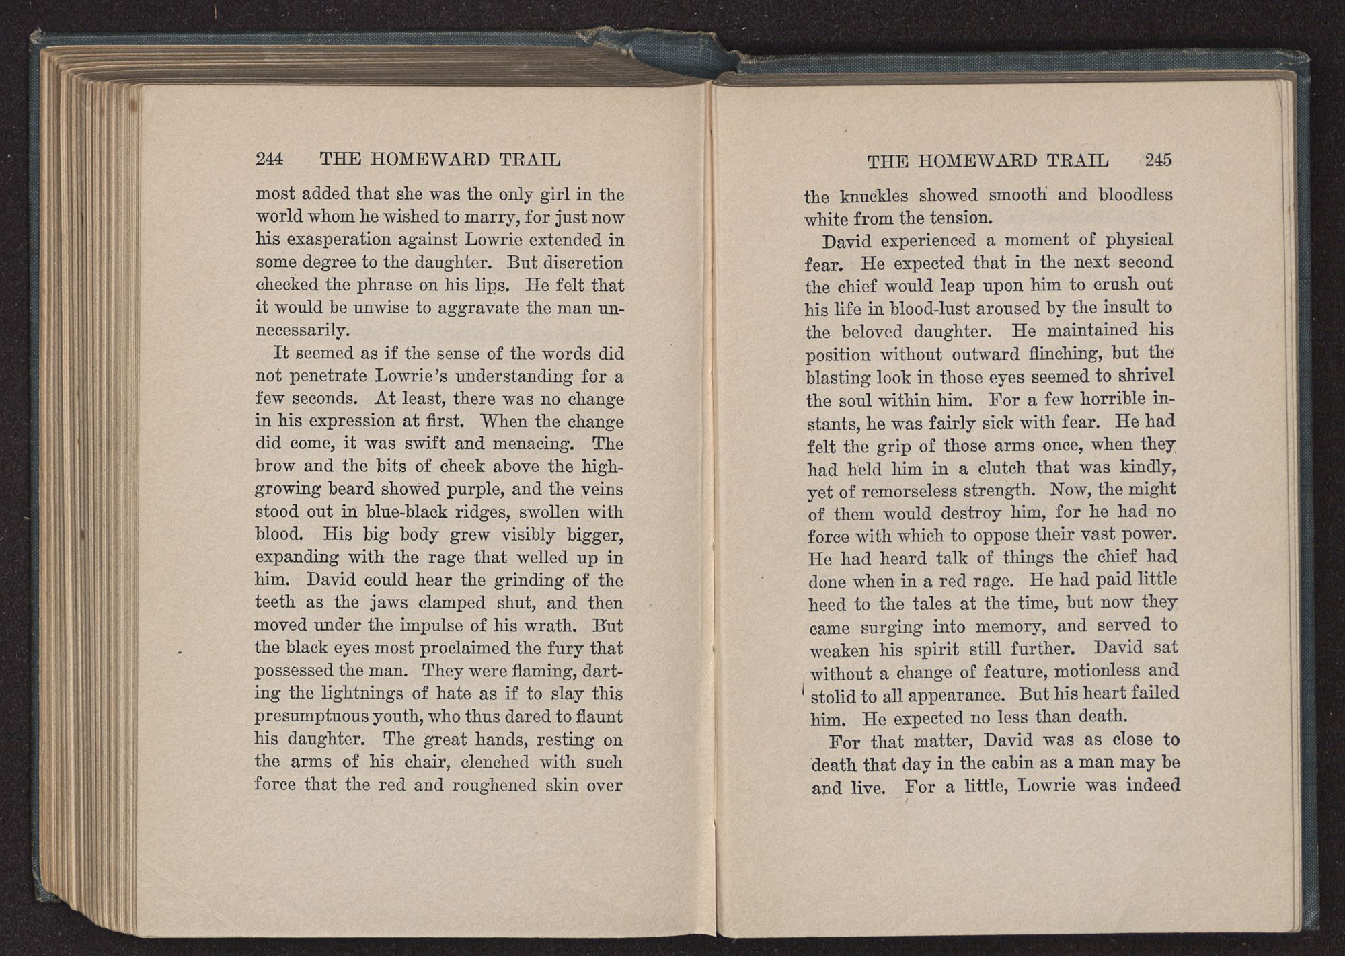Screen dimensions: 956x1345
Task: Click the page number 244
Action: click(x=270, y=159)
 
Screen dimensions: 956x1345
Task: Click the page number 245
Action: click(x=1158, y=160)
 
